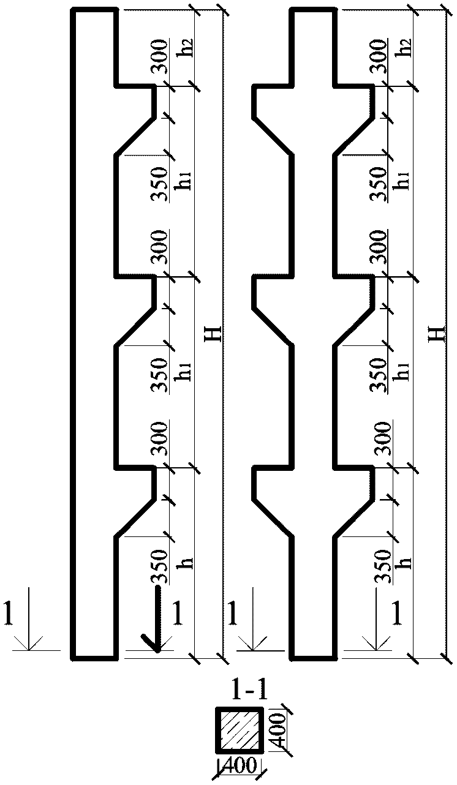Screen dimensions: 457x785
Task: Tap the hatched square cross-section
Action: point(240,730)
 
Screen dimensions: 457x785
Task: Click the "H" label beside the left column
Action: point(214,334)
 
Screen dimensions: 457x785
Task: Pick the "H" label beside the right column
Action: point(437,334)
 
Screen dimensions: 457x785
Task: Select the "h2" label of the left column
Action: point(184,47)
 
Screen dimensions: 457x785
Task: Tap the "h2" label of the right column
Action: point(402,47)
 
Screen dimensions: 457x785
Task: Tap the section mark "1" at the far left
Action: point(8,614)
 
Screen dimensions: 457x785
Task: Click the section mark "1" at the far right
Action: point(397,614)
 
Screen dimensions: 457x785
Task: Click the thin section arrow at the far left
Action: point(29,618)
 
